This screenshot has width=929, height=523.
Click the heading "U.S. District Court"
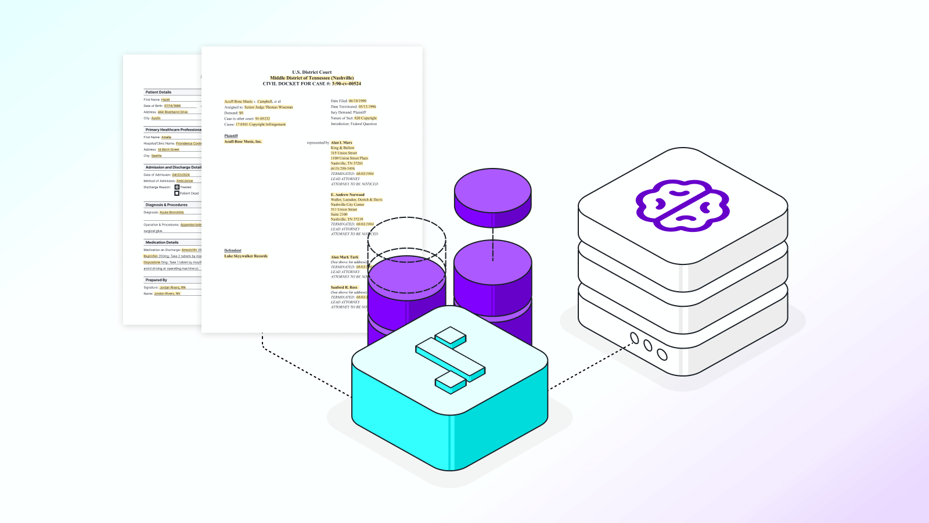tap(312, 72)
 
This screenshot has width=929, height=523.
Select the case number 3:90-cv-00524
tap(346, 84)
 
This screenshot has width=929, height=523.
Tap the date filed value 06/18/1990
tap(357, 101)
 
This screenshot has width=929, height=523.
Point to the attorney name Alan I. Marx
tap(341, 142)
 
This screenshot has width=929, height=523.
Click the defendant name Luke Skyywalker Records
tap(246, 256)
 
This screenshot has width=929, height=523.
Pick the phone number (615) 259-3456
tap(343, 169)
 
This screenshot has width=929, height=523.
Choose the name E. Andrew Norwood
tap(348, 195)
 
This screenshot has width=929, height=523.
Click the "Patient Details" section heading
tap(159, 92)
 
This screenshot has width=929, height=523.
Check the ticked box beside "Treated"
tap(177, 187)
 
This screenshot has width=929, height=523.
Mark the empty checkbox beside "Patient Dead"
tap(177, 194)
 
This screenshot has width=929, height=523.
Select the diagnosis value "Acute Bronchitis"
tap(172, 213)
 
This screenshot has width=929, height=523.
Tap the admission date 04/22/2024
tap(181, 175)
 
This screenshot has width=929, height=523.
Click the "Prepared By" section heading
tap(156, 280)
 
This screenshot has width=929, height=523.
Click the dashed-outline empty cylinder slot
tap(406, 238)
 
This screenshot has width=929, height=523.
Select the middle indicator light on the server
tap(648, 346)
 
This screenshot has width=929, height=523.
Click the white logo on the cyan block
tap(450, 360)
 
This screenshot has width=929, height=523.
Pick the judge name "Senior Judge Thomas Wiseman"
tap(268, 107)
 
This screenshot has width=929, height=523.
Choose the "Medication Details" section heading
tap(162, 242)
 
